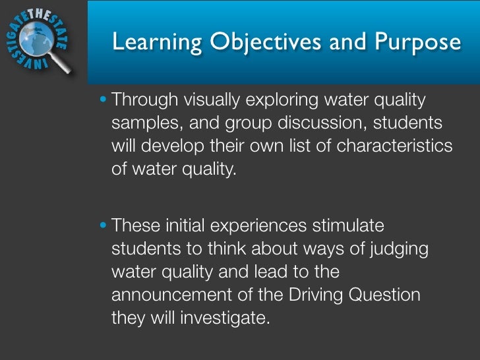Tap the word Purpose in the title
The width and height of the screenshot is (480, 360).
[418, 43]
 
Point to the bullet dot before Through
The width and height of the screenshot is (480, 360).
[107, 102]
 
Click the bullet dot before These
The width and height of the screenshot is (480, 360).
[107, 226]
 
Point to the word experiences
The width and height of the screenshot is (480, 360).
[257, 226]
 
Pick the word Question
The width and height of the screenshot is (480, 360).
[383, 294]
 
